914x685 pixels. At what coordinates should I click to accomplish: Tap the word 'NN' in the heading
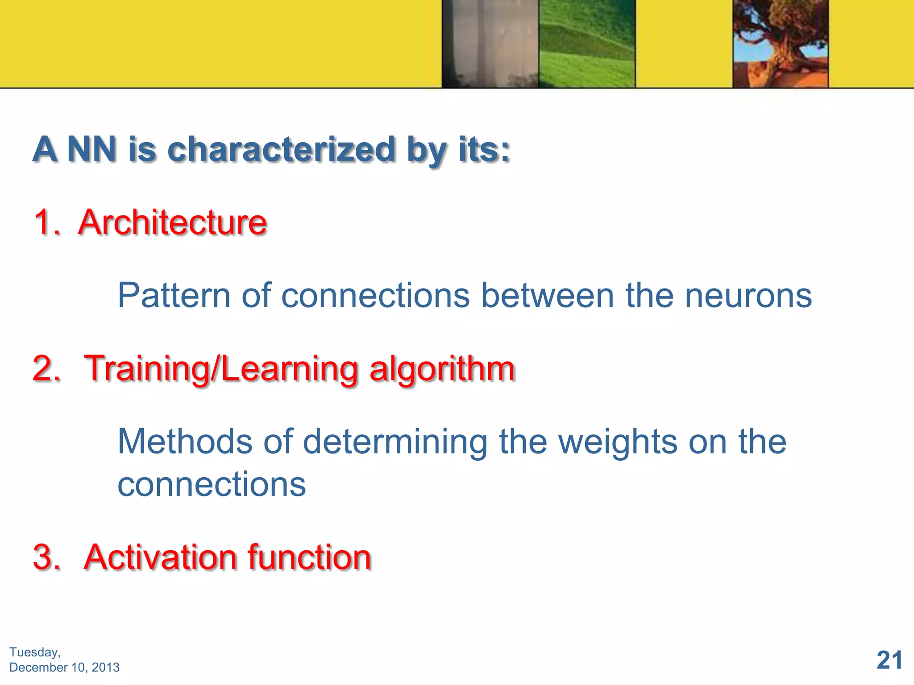tap(92, 149)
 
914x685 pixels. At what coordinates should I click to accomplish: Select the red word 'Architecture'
tap(172, 222)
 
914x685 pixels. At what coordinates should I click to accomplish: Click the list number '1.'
tap(46, 222)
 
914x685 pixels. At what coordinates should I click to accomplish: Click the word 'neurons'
tap(748, 296)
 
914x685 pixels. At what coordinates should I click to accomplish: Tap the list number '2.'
tap(46, 369)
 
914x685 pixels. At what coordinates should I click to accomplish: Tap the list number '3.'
tap(46, 557)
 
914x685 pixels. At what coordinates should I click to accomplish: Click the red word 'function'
tap(309, 557)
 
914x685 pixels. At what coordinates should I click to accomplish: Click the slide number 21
tap(889, 660)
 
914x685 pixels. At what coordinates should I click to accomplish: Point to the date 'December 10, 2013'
tap(64, 667)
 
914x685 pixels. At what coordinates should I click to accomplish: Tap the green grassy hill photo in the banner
tap(586, 44)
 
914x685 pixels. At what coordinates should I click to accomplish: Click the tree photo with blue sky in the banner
tap(780, 44)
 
